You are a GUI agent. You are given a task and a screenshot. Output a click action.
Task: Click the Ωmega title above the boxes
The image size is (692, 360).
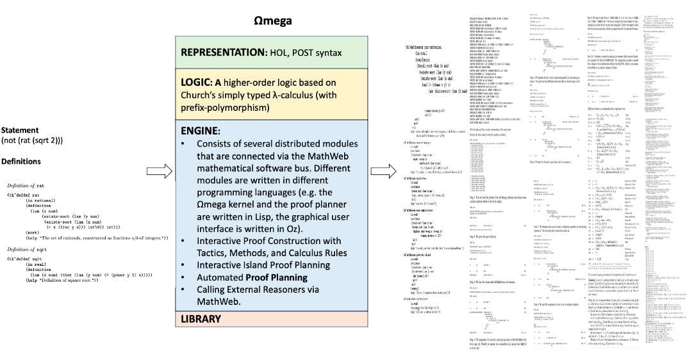[x=273, y=21]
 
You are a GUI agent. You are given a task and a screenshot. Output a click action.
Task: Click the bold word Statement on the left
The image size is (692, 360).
[x=20, y=130]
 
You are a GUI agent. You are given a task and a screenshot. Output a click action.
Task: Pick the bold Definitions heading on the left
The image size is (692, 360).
[x=21, y=161]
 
